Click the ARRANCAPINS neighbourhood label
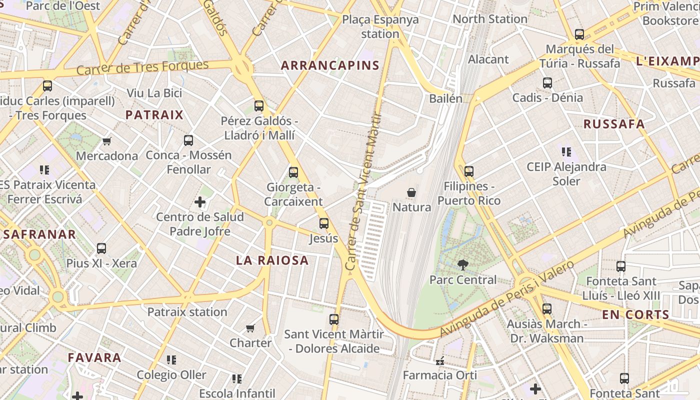pyautogui.click(x=330, y=65)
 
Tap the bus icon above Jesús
pyautogui.click(x=324, y=223)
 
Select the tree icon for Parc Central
pyautogui.click(x=463, y=265)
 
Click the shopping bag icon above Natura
pyautogui.click(x=411, y=192)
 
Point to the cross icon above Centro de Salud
pyautogui.click(x=200, y=202)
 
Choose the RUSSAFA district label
pyautogui.click(x=614, y=124)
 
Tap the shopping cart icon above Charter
pyautogui.click(x=250, y=328)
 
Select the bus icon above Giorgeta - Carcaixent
pyautogui.click(x=293, y=172)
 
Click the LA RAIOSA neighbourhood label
pyautogui.click(x=272, y=260)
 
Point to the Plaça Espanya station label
pyautogui.click(x=380, y=26)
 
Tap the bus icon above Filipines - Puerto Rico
pyautogui.click(x=468, y=171)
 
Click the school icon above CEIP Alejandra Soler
pyautogui.click(x=566, y=152)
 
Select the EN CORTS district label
pyautogui.click(x=635, y=314)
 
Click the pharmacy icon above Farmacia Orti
pyautogui.click(x=440, y=360)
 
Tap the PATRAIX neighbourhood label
pyautogui.click(x=154, y=115)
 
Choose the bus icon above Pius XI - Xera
pyautogui.click(x=101, y=248)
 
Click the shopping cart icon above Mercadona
pyautogui.click(x=106, y=141)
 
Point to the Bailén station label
pyautogui.click(x=445, y=98)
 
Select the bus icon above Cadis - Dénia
pyautogui.click(x=547, y=83)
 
